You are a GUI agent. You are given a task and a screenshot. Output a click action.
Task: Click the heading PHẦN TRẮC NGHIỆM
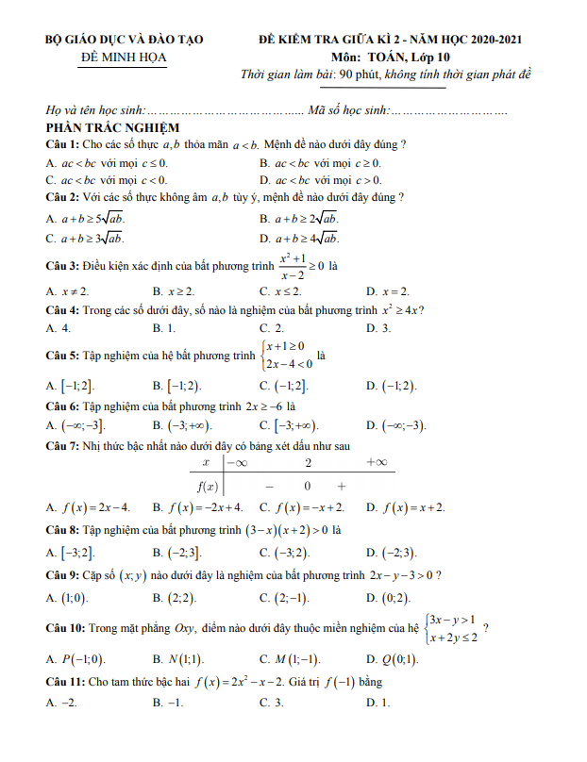click(112, 127)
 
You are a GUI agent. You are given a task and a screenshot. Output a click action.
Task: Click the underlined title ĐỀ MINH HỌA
click(124, 58)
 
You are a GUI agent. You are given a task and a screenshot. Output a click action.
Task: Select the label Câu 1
click(62, 143)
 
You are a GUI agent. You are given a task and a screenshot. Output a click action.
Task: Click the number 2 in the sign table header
click(308, 461)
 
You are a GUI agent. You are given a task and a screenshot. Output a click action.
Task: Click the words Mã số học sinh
click(348, 109)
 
